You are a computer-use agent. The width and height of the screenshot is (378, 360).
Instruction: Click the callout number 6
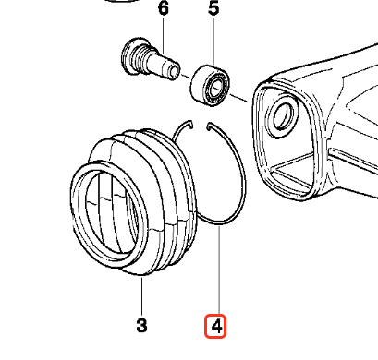(x=164, y=8)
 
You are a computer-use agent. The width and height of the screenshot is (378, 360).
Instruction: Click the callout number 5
(x=213, y=8)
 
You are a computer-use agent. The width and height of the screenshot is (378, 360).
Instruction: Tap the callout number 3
(x=141, y=325)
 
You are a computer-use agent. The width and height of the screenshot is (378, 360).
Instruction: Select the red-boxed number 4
(x=215, y=327)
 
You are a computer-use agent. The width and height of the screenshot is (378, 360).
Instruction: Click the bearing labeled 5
(x=210, y=86)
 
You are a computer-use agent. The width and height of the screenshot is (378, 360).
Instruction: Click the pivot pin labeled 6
(x=150, y=59)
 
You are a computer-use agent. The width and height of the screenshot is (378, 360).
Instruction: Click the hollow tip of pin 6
(x=174, y=71)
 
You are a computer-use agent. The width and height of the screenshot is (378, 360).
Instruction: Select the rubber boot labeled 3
(x=133, y=201)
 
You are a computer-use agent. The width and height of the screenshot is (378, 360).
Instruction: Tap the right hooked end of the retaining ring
(x=210, y=126)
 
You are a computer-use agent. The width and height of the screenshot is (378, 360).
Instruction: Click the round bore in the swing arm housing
(x=283, y=116)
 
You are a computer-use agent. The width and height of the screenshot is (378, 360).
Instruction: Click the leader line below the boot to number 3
(x=142, y=296)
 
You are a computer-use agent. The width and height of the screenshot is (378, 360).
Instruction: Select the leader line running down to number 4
(x=219, y=270)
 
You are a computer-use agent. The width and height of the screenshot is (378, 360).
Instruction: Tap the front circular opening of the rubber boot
(x=109, y=214)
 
